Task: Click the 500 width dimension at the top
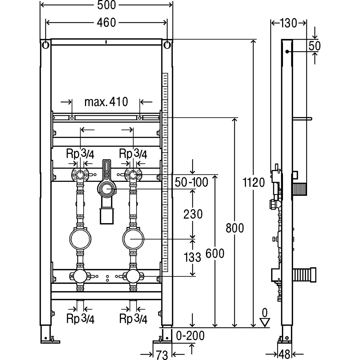(106, 5)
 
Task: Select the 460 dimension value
(106, 23)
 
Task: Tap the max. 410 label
(106, 102)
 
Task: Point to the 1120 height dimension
(254, 183)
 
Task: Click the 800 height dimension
(235, 228)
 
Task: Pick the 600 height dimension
(215, 254)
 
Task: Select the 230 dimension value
(193, 214)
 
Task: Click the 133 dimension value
(192, 257)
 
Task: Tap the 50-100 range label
(192, 182)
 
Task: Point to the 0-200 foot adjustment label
(190, 336)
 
